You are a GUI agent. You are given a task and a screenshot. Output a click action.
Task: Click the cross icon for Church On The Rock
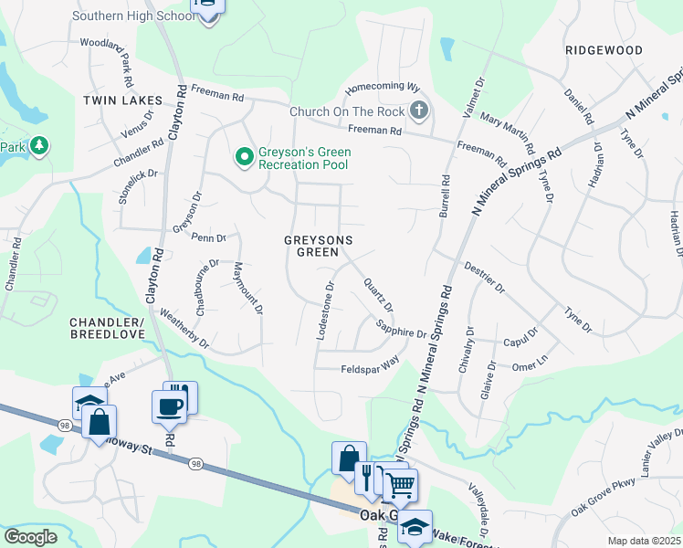(x=419, y=111)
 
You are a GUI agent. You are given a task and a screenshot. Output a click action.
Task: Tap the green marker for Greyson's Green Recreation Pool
(x=244, y=157)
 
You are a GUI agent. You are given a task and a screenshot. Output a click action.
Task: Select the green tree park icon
(x=38, y=145)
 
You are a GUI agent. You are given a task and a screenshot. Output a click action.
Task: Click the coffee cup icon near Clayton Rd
(x=169, y=406)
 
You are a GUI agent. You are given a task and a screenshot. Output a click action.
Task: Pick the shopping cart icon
(x=401, y=486)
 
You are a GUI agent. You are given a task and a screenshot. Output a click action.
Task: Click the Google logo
(x=30, y=537)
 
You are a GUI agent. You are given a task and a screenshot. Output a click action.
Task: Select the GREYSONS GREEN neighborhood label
(x=319, y=246)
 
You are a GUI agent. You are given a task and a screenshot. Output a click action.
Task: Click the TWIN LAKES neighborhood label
(x=122, y=100)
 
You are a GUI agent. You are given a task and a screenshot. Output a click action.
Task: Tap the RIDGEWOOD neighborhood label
(x=604, y=50)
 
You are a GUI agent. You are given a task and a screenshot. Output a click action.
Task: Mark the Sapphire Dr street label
(x=403, y=329)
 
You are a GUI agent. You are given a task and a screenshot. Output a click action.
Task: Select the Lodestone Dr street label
(x=324, y=311)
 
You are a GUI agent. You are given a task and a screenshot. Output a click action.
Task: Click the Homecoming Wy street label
(x=382, y=90)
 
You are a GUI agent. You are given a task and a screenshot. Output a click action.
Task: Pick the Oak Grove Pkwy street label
(x=602, y=501)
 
